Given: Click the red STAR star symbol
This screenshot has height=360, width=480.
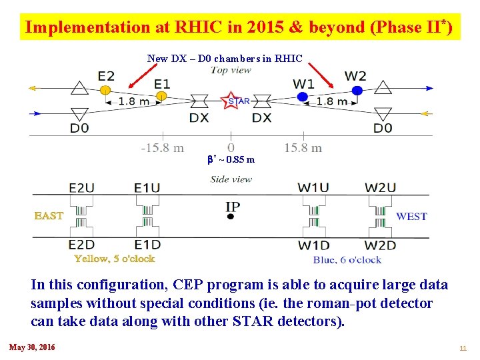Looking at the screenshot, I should (x=232, y=101).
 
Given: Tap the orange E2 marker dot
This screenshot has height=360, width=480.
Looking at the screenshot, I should (x=105, y=89).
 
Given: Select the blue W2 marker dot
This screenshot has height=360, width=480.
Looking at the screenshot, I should (x=357, y=90).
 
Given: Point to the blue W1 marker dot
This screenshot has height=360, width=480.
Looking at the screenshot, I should (x=303, y=97).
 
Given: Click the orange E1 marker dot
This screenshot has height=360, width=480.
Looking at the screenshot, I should (x=161, y=97).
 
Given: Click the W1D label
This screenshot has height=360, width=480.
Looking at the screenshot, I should (x=313, y=245).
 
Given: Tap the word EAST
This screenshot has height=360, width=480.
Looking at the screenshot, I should (x=49, y=216).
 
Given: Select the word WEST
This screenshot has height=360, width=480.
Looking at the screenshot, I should (x=411, y=216).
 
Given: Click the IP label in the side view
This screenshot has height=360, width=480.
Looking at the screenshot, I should (x=233, y=207).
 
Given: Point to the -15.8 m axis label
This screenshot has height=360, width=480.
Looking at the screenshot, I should (x=162, y=148).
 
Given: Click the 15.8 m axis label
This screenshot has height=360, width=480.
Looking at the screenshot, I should (x=303, y=148).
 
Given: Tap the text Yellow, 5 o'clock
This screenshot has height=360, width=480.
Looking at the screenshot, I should (x=114, y=259).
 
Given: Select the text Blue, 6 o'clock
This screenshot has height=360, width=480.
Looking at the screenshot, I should (x=347, y=260).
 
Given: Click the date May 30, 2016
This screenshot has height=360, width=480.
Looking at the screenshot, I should (x=32, y=347).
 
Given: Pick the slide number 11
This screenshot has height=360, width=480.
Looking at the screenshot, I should (x=463, y=348).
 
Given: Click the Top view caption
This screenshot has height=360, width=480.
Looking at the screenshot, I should (x=231, y=71).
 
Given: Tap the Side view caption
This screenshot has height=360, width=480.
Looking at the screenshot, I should (x=231, y=179).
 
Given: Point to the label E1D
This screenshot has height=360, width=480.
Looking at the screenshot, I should (x=147, y=245).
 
